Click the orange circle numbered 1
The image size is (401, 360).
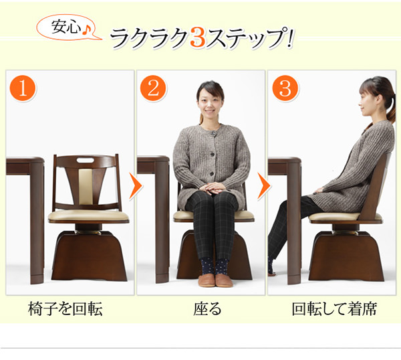23,89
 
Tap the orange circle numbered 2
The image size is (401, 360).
154,89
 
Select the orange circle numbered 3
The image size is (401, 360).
285,89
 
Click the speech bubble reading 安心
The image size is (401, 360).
67,28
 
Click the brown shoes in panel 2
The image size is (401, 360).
215,280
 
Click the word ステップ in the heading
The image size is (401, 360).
247,38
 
